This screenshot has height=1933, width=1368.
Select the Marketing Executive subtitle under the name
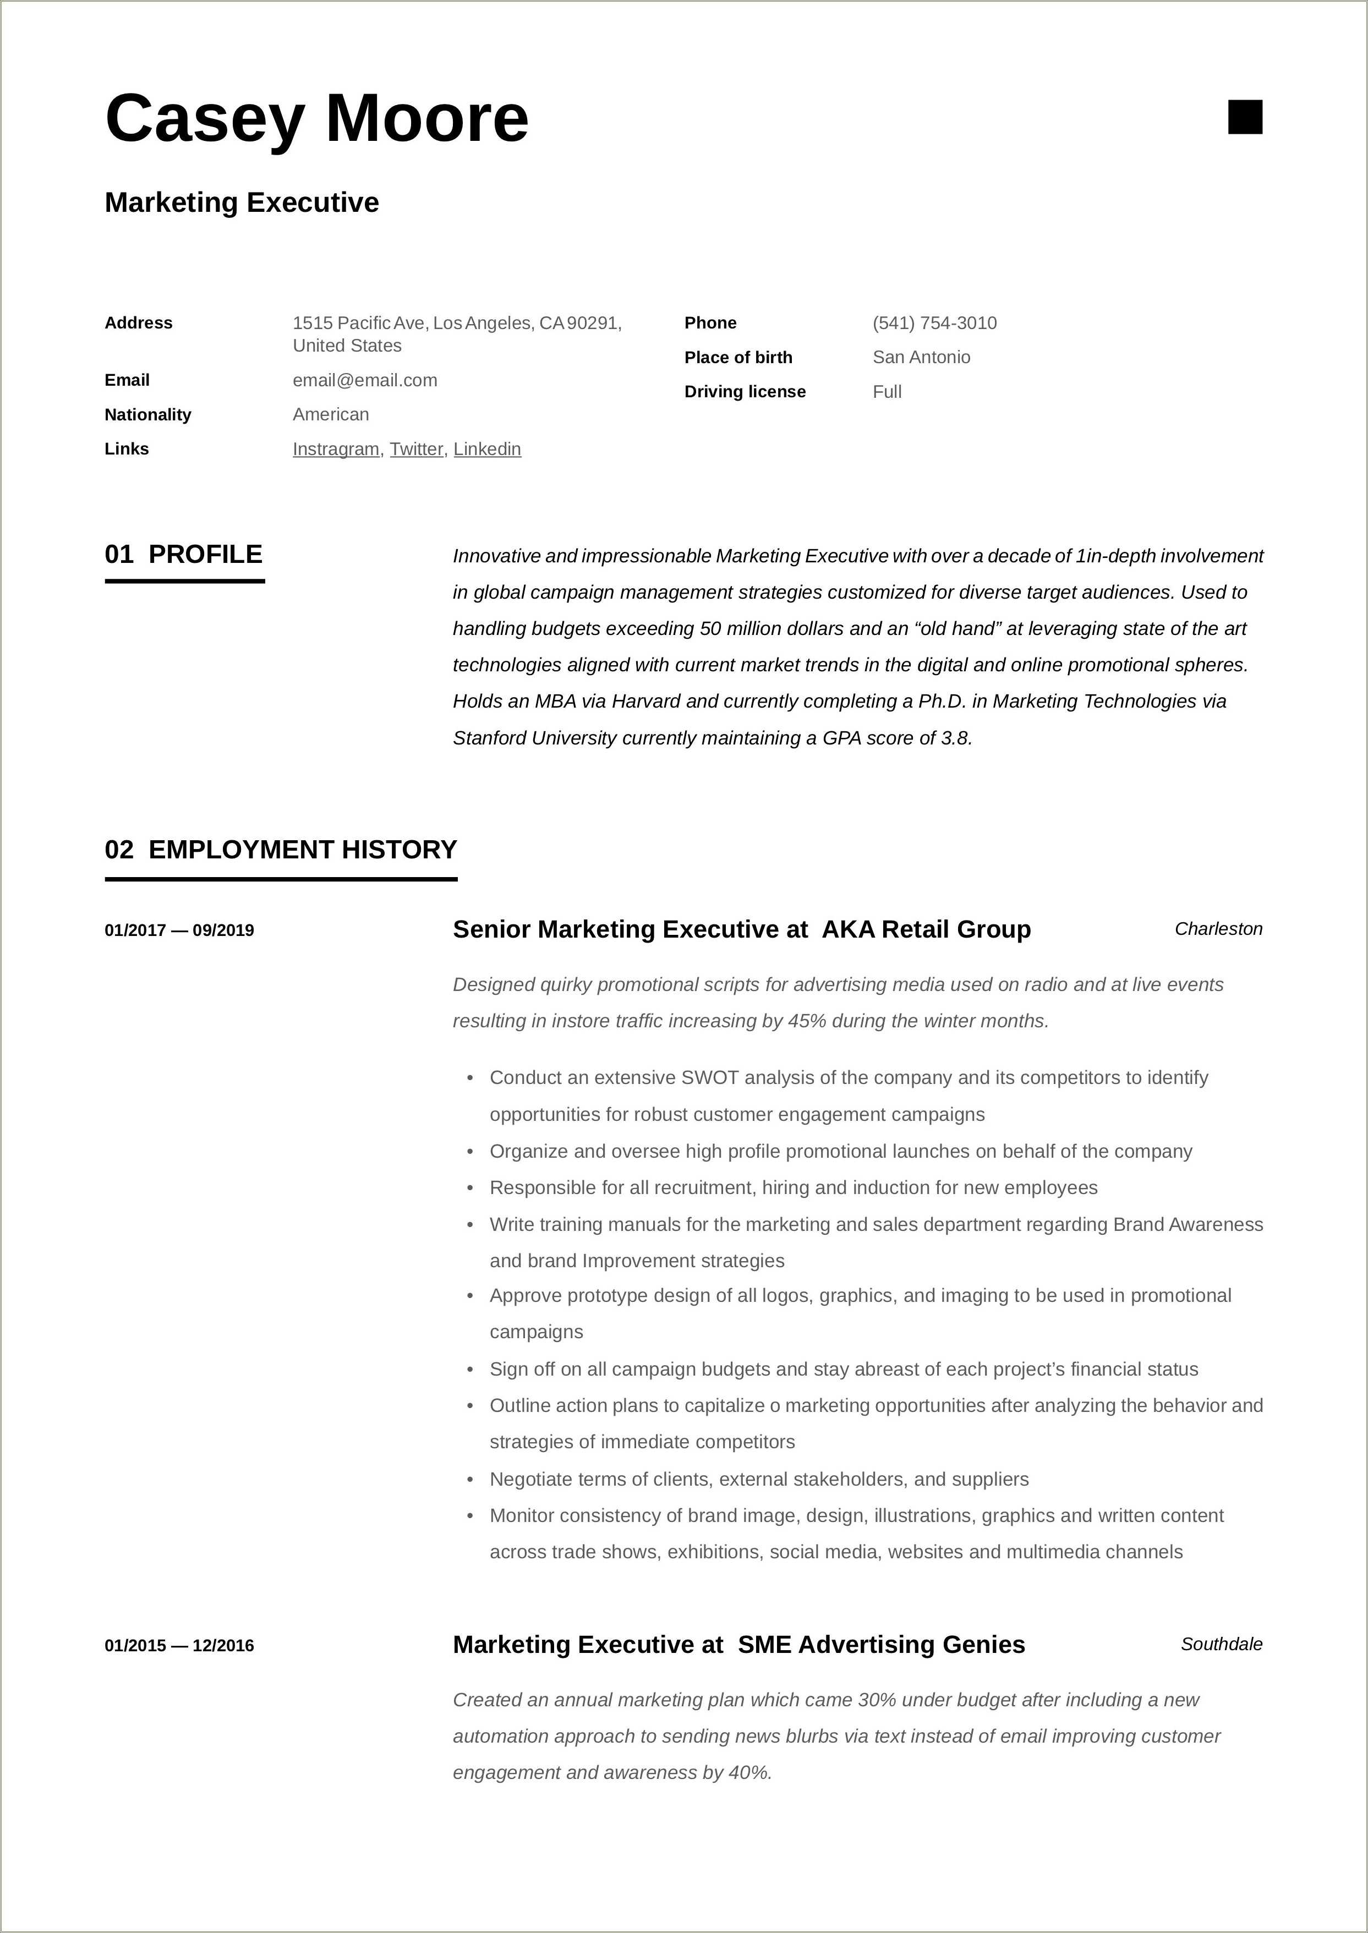(x=242, y=203)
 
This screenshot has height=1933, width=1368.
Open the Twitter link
(x=416, y=449)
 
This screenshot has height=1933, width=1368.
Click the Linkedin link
(x=487, y=449)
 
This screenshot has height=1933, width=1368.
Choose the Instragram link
(x=335, y=449)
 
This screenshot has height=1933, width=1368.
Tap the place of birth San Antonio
(x=921, y=357)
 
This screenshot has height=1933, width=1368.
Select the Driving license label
(x=745, y=392)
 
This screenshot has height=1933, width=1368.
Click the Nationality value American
(x=330, y=414)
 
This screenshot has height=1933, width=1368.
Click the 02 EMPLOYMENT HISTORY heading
(x=281, y=849)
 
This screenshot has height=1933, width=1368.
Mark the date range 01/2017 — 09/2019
(x=179, y=930)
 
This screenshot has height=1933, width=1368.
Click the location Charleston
(x=1218, y=929)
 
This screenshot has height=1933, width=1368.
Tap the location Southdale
(x=1221, y=1644)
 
